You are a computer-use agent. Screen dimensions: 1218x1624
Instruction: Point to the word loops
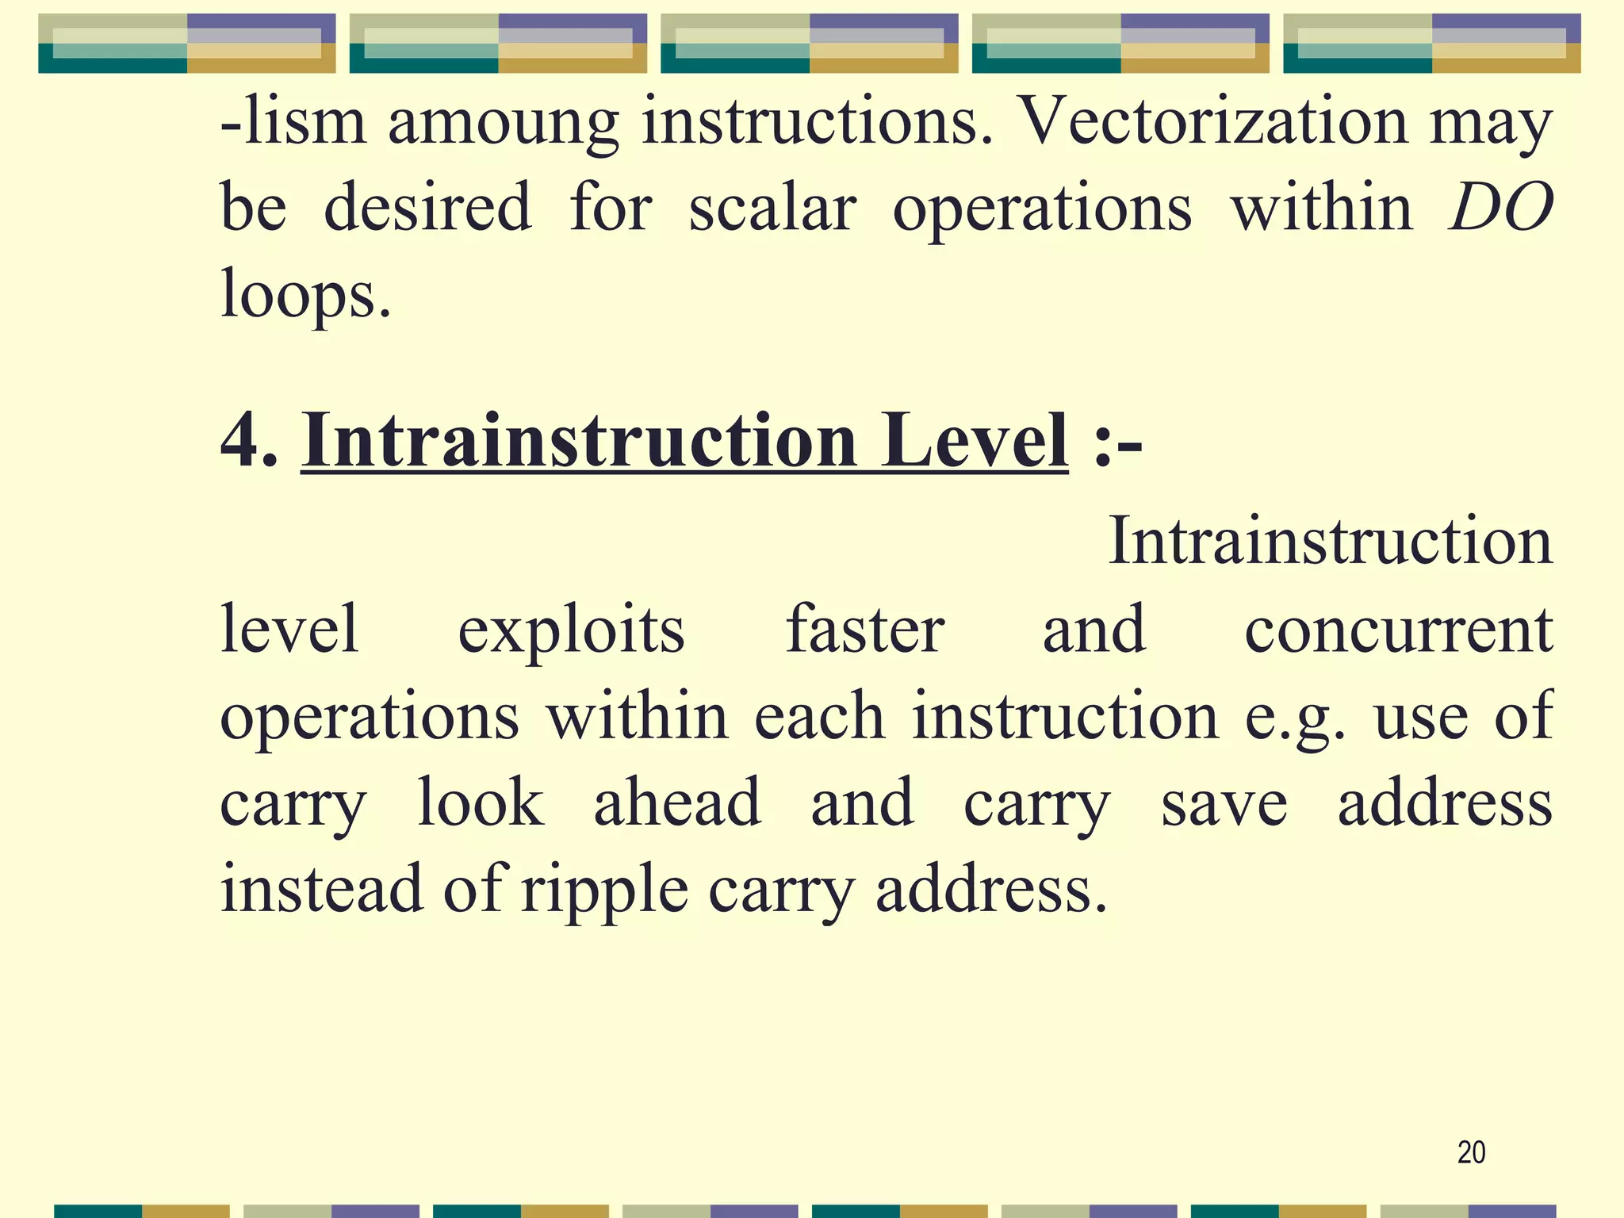(305, 294)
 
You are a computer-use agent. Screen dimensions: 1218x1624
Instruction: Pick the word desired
(427, 208)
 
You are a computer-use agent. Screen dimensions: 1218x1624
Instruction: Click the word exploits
(571, 630)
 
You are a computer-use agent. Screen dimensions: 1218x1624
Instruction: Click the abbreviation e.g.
(1295, 718)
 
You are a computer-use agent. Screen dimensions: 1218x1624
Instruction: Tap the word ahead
(677, 802)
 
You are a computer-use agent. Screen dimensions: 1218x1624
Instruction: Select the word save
(1224, 804)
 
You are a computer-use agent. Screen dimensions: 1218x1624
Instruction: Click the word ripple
(604, 891)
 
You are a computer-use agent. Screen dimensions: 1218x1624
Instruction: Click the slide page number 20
(1471, 1152)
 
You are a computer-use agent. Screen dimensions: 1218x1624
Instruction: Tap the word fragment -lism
(293, 121)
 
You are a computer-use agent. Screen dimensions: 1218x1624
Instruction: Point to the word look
(481, 802)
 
